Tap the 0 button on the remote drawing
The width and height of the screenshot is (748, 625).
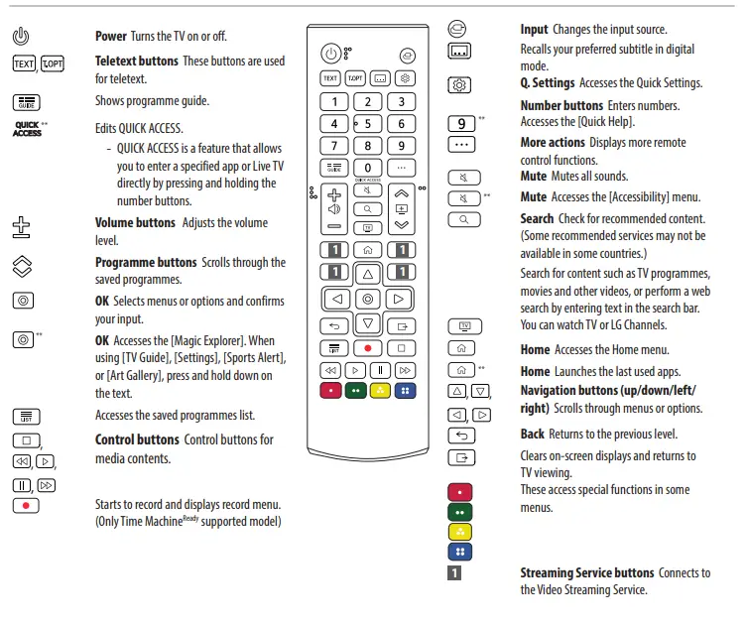pos(368,168)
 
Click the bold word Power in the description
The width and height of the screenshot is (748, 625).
pos(111,36)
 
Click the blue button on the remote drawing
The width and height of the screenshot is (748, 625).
pos(405,391)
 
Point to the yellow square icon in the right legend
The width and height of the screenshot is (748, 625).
pos(460,532)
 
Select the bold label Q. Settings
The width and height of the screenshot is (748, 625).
pos(548,83)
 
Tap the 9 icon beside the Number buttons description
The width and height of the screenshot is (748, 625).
pos(461,123)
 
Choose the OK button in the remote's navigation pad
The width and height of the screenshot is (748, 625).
pos(368,298)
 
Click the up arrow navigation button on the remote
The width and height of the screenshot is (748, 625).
pos(368,272)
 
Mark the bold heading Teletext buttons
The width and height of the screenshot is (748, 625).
pos(137,61)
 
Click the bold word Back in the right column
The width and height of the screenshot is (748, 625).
pos(533,434)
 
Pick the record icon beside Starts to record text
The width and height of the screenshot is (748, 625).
pos(27,505)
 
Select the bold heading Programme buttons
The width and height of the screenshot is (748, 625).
pos(146,263)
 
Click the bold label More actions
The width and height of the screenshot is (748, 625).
pos(553,143)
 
